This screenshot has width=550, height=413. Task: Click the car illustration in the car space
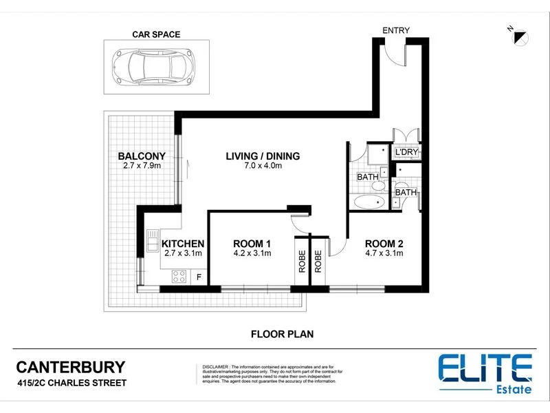tap(148, 66)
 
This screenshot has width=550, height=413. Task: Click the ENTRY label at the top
tap(397, 30)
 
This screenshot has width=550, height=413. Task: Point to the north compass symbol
tap(517, 34)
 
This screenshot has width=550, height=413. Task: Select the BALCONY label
tap(141, 156)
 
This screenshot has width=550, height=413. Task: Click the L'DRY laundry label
tap(406, 152)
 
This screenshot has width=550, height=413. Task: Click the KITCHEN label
tap(182, 244)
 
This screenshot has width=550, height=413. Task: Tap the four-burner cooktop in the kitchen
tap(179, 277)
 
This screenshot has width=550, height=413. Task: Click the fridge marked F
tap(200, 277)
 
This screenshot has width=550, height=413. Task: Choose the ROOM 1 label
tap(252, 244)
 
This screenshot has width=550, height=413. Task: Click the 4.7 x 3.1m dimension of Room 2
tap(384, 253)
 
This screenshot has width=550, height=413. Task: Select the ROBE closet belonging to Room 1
tap(302, 260)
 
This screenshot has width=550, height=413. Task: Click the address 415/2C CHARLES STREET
tap(71, 383)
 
